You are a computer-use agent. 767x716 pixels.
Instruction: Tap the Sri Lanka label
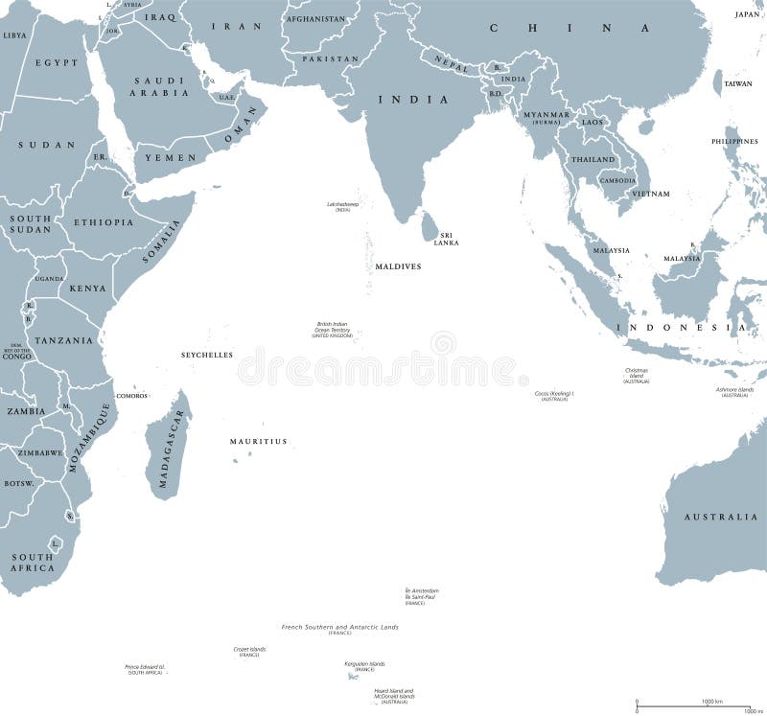[x=446, y=239]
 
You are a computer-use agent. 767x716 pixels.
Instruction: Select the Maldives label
[x=398, y=266]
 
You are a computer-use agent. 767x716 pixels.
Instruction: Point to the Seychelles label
[x=207, y=355]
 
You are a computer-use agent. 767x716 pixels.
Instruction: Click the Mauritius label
[x=258, y=442]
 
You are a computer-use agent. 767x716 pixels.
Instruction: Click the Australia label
[x=720, y=518]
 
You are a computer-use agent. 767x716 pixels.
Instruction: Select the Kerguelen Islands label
[x=364, y=664]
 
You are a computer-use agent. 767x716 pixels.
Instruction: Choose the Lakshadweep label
[x=343, y=204]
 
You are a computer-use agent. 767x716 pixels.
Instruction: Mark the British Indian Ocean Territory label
[x=333, y=329]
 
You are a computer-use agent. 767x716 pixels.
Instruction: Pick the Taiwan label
[x=738, y=84]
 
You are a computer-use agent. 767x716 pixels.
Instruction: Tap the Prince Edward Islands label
[x=145, y=667]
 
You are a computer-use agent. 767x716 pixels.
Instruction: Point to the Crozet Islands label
[x=249, y=650]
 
